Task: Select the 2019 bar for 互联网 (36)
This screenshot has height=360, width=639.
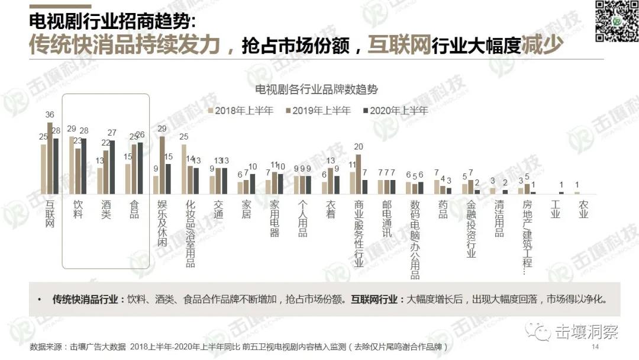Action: [50, 158]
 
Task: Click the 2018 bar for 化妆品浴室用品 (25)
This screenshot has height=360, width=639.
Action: [184, 169]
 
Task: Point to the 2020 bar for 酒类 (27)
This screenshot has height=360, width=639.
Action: [112, 167]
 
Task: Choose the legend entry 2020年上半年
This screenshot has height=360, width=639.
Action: [395, 111]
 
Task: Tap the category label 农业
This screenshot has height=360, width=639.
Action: [583, 210]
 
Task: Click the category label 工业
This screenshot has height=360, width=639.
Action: [555, 210]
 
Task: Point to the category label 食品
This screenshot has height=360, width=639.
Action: [134, 210]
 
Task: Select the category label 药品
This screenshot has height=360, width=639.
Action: [443, 210]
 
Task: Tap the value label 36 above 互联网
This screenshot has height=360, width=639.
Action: [50, 115]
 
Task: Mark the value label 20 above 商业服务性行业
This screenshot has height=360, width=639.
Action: [359, 147]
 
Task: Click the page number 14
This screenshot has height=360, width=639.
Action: [595, 347]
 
